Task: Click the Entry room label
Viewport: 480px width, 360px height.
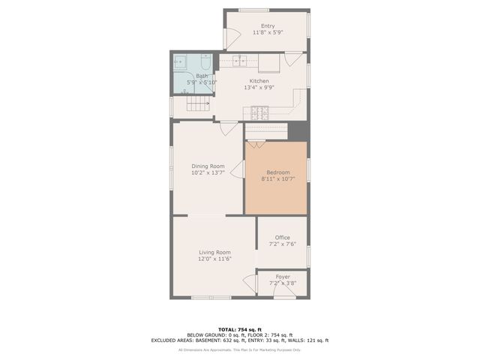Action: (x=268, y=26)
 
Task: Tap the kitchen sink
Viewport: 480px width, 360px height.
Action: (x=238, y=60)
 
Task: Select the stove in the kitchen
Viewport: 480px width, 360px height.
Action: (x=259, y=112)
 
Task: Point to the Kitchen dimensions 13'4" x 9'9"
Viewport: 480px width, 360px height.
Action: (x=259, y=88)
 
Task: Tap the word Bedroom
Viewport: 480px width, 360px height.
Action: (x=275, y=172)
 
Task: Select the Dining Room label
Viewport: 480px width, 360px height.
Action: (x=208, y=166)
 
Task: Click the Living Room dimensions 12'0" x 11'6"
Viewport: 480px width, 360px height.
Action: (x=214, y=259)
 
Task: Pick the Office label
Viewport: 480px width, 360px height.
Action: (x=282, y=238)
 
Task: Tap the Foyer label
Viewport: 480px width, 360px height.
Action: (x=282, y=277)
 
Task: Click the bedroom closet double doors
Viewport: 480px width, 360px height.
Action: (x=256, y=144)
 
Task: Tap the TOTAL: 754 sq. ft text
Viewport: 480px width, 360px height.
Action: (x=239, y=329)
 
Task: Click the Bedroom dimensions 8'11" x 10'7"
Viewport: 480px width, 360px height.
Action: (x=275, y=179)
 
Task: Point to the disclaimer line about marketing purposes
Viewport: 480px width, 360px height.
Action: (x=239, y=349)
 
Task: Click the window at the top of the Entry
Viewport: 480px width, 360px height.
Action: (x=253, y=10)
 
